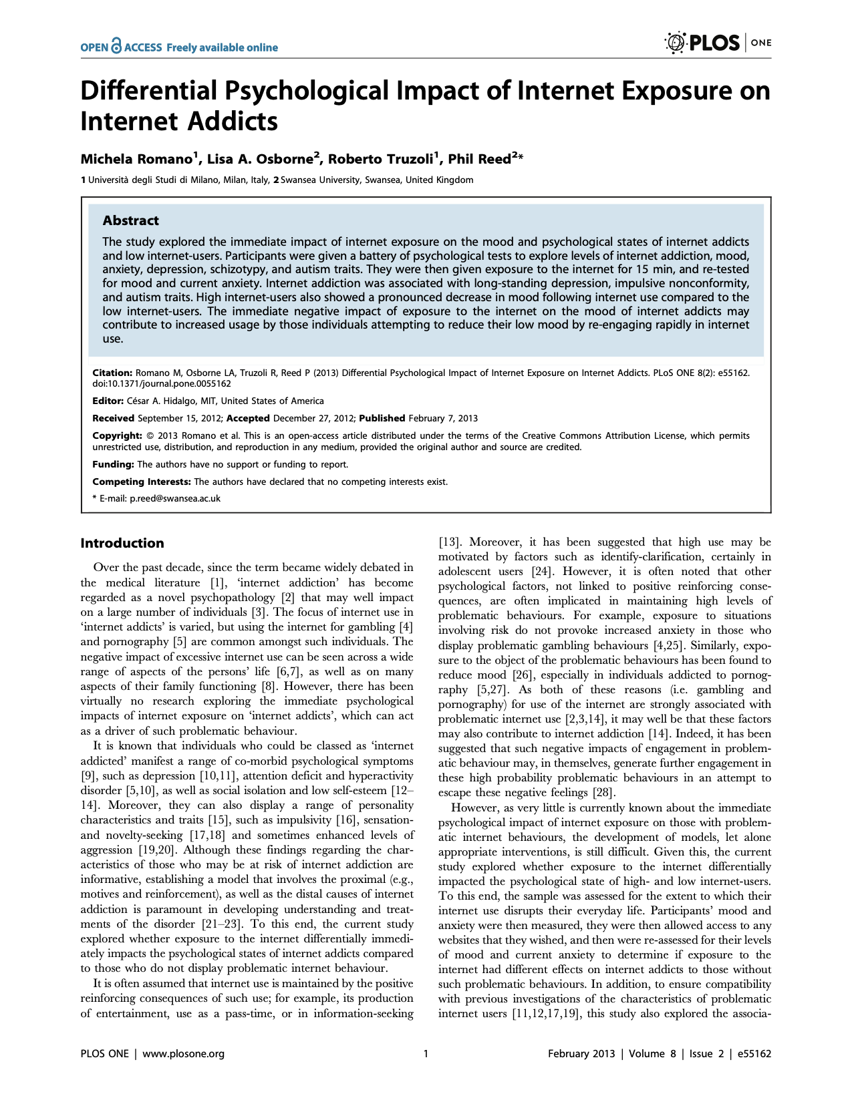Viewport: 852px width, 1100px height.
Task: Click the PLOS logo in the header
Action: (702, 43)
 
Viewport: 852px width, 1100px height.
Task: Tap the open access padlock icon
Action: (117, 45)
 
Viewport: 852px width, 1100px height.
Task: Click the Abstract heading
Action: (130, 220)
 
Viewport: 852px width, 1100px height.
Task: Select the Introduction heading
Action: (122, 543)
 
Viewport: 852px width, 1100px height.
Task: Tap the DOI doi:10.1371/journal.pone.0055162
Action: (162, 384)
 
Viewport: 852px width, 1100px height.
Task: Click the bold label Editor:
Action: (108, 401)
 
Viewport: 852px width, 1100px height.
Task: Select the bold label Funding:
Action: (113, 464)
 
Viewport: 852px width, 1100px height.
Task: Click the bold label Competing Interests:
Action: (142, 482)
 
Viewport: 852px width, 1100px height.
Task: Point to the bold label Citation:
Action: (112, 373)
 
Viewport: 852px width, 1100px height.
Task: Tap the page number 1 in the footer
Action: (426, 1054)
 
